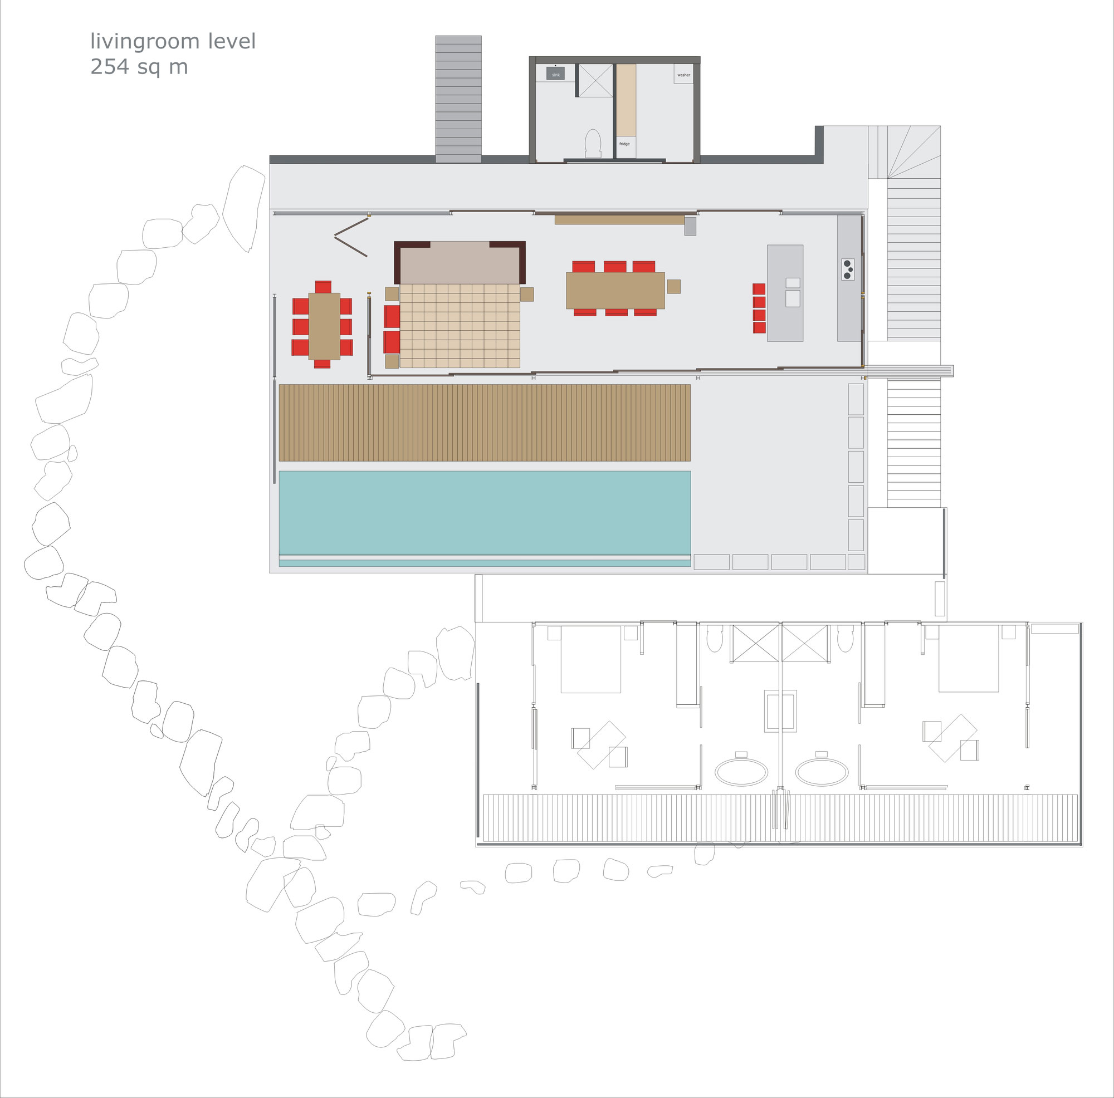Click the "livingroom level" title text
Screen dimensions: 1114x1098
coord(173,42)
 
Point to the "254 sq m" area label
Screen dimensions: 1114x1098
coord(139,67)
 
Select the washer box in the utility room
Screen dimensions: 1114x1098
coord(684,75)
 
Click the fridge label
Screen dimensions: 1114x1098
coord(624,144)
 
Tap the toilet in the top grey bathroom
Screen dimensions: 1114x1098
coord(593,143)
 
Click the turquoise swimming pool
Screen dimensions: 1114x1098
coord(485,513)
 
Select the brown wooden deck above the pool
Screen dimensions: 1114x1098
coord(485,423)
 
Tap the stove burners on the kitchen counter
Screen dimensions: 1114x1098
coord(848,269)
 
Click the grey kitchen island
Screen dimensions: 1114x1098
coord(785,293)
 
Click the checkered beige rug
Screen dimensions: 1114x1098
coord(460,326)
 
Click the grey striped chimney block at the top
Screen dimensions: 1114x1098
coord(458,99)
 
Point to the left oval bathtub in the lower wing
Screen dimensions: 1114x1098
coord(741,771)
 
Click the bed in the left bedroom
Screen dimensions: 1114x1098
coord(591,659)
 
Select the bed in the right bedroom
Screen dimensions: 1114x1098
coord(969,658)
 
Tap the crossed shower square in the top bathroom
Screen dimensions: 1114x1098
coord(595,81)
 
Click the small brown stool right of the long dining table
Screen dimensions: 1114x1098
coord(673,286)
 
